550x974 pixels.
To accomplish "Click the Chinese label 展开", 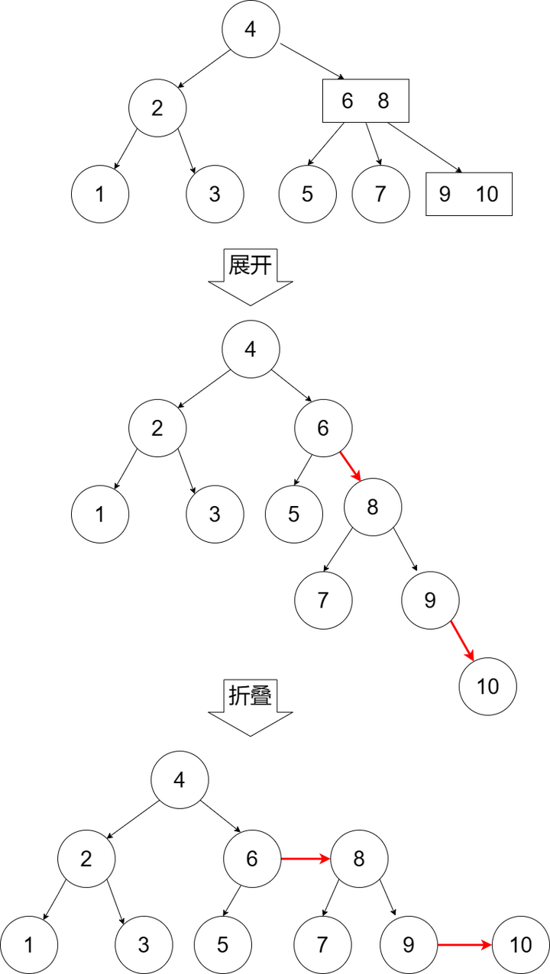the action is [251, 265].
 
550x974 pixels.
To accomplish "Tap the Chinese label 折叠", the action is [251, 695].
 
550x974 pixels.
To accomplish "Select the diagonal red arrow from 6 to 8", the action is [350, 465].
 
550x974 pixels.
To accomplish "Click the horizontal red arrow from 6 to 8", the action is [306, 859].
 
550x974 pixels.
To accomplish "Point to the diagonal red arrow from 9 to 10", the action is [463, 641].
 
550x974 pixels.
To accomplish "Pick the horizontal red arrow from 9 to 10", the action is [464, 945].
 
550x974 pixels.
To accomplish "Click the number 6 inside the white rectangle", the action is [347, 101].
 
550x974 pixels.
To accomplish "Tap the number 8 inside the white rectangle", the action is [383, 101].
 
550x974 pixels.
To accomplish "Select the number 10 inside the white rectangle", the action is [487, 194].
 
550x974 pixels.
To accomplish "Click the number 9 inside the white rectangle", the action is [445, 194].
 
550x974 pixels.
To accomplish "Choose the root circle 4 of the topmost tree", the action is [251, 29].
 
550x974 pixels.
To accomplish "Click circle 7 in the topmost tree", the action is [380, 194].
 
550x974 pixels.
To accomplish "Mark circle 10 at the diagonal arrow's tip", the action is [487, 686].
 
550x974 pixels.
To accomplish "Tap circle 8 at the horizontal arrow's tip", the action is [359, 859].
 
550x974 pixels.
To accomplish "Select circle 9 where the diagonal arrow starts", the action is [430, 601].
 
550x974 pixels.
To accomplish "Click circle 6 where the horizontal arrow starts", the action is [252, 859].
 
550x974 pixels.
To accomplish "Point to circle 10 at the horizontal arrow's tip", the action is [520, 945].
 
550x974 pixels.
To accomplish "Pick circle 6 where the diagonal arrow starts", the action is [323, 428].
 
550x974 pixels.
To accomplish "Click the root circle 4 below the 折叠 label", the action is [180, 779].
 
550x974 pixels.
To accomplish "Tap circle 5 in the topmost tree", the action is [307, 194].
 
